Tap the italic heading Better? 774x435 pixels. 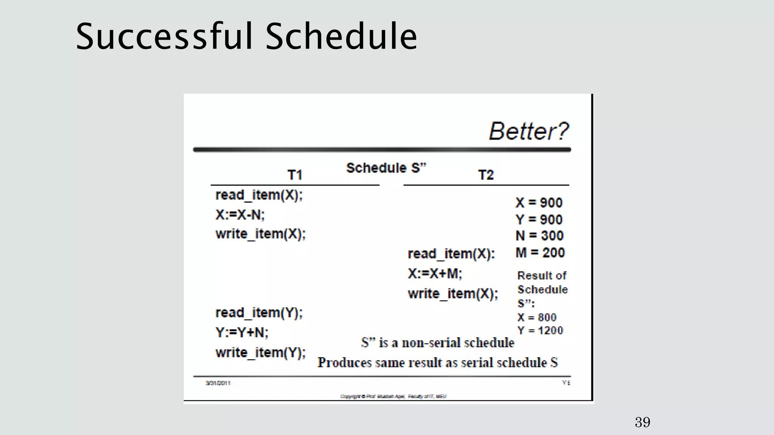click(528, 131)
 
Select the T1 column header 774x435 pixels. click(295, 175)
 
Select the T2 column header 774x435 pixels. click(486, 175)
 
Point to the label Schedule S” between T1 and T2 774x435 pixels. click(386, 168)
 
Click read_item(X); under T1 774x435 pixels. click(259, 195)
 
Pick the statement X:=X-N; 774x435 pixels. click(240, 215)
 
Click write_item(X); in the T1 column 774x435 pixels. click(260, 234)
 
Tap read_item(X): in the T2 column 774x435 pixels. click(451, 254)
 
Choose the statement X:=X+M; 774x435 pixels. click(435, 273)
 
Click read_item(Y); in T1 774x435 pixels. click(259, 313)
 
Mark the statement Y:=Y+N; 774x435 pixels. click(242, 333)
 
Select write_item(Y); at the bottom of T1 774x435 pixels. click(260, 353)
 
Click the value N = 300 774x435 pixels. click(539, 236)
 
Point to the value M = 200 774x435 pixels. click(540, 253)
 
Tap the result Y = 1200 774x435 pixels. click(540, 331)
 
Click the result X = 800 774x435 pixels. click(537, 317)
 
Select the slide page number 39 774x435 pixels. click(642, 422)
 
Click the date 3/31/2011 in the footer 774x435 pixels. click(218, 383)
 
